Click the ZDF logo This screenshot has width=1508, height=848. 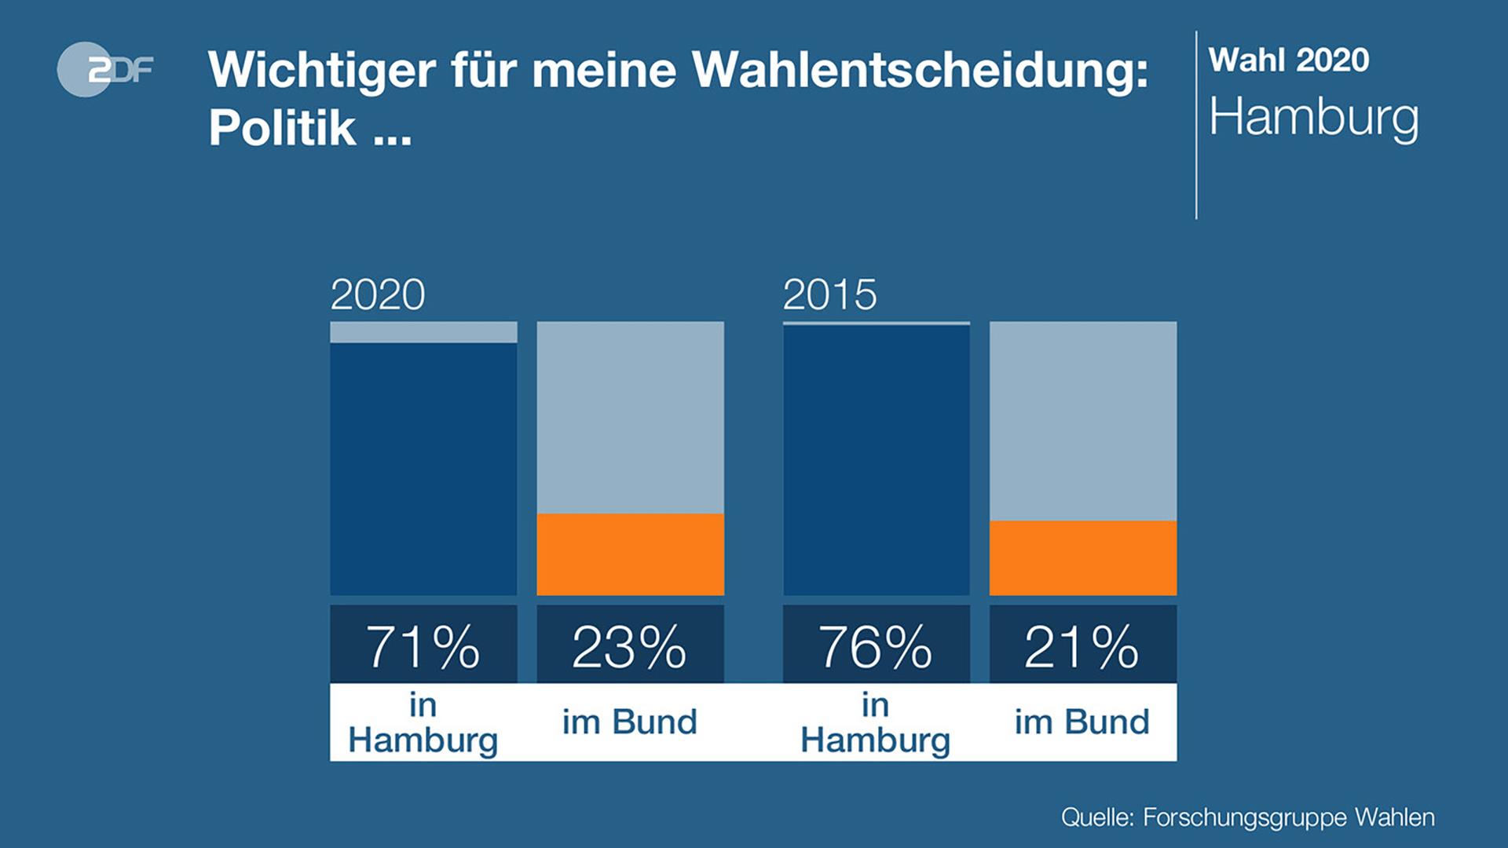(105, 69)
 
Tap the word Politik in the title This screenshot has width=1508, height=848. (282, 127)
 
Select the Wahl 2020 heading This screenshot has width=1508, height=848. (1288, 60)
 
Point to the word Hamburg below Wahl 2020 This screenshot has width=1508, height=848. (1313, 118)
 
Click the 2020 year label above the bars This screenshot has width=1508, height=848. (377, 295)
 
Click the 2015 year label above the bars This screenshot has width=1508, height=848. (829, 295)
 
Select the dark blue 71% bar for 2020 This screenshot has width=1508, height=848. (423, 469)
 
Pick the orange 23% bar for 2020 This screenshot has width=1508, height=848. (630, 554)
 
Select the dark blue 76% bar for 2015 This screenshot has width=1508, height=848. (876, 459)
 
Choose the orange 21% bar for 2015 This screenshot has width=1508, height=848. (1082, 557)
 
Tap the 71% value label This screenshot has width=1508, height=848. (423, 646)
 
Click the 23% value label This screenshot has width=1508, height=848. (630, 646)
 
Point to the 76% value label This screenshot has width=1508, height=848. (876, 646)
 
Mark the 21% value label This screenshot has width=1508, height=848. (1082, 646)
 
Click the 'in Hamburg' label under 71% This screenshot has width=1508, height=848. (423, 723)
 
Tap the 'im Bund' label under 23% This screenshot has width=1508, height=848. (630, 722)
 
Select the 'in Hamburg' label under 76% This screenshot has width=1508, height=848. (876, 723)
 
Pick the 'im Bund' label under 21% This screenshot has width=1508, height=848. (1082, 722)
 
